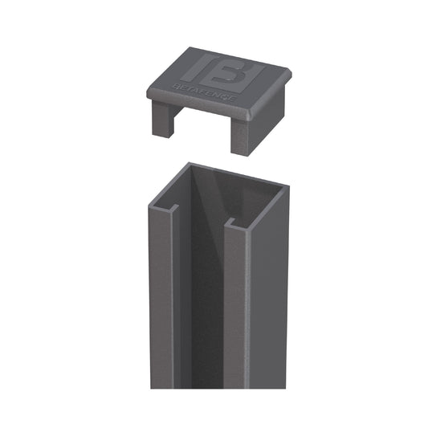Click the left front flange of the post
[161, 305]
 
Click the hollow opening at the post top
[221, 193]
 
